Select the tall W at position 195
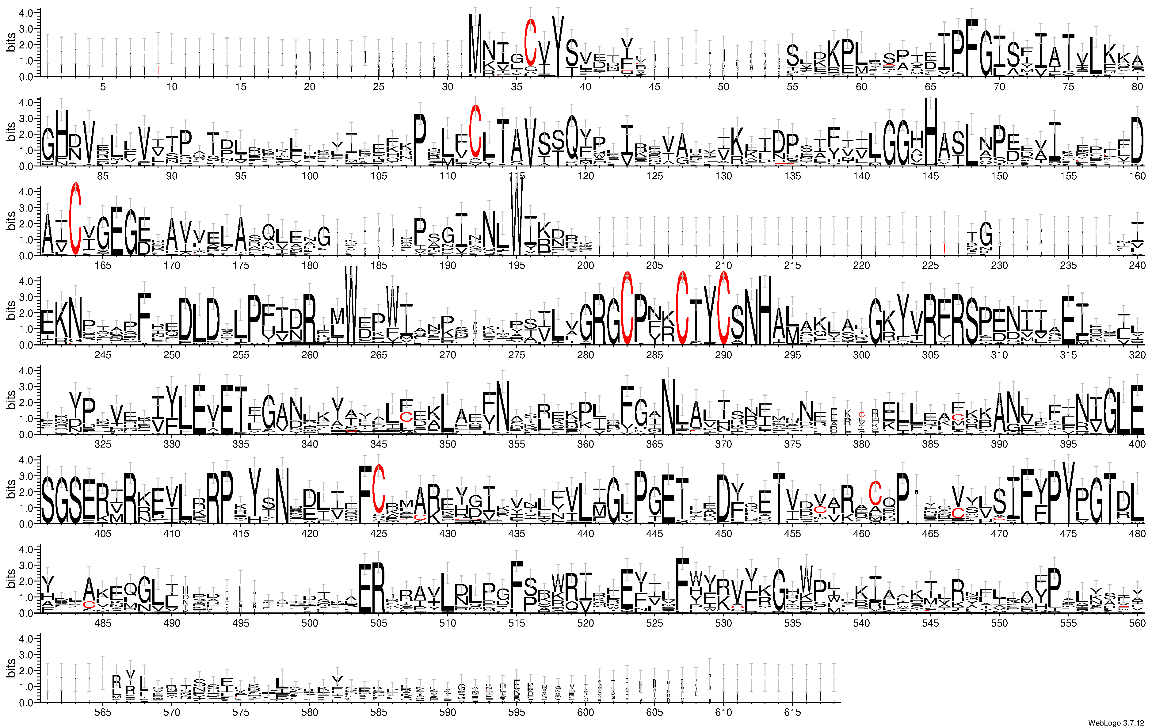517,215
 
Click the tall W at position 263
351,306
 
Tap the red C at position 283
627,308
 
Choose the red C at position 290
724,308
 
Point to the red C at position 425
379,488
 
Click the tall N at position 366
668,406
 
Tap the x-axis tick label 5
103,86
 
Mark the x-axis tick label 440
586,534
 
